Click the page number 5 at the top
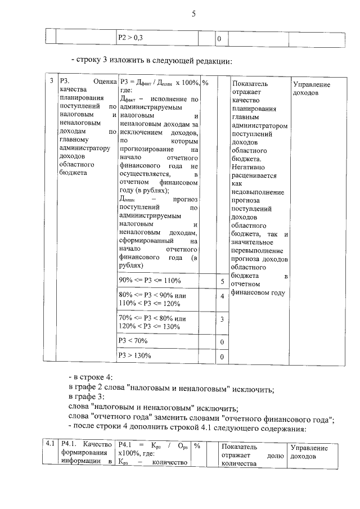tap(193, 14)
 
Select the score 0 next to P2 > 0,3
tap(219, 39)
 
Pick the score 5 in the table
tap(223, 281)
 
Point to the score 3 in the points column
tap(223, 320)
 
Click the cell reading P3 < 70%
tap(133, 340)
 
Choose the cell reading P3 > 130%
tap(134, 355)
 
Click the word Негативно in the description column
tap(250, 167)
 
